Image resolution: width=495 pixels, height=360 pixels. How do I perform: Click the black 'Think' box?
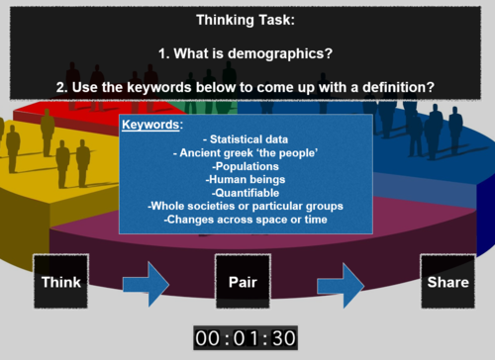61,282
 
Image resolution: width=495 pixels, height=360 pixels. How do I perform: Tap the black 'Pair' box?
243,282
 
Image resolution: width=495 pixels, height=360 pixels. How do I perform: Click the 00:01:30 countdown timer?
245,338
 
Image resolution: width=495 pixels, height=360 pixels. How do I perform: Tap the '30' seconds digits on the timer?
283,338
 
